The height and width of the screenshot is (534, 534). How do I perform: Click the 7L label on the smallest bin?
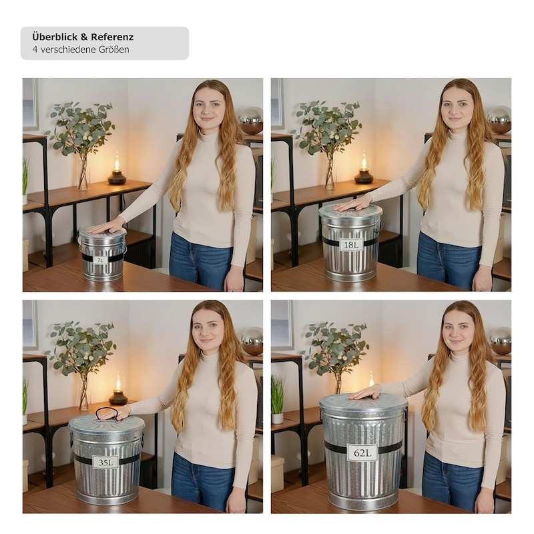[101, 260]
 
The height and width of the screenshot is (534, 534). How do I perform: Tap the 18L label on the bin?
[351, 244]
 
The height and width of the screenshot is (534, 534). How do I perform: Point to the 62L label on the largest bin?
[362, 453]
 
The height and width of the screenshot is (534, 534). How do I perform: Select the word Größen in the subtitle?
[114, 49]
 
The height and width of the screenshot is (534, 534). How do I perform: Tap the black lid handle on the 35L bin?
[107, 413]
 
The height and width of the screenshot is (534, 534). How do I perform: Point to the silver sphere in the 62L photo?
[500, 340]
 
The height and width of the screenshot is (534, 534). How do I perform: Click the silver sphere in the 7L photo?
[251, 120]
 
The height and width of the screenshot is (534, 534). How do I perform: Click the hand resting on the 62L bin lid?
[365, 393]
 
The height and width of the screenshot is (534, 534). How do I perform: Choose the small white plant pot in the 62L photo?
[277, 418]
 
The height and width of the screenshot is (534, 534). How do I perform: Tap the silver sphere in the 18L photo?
[499, 120]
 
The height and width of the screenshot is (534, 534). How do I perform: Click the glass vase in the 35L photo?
[83, 392]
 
